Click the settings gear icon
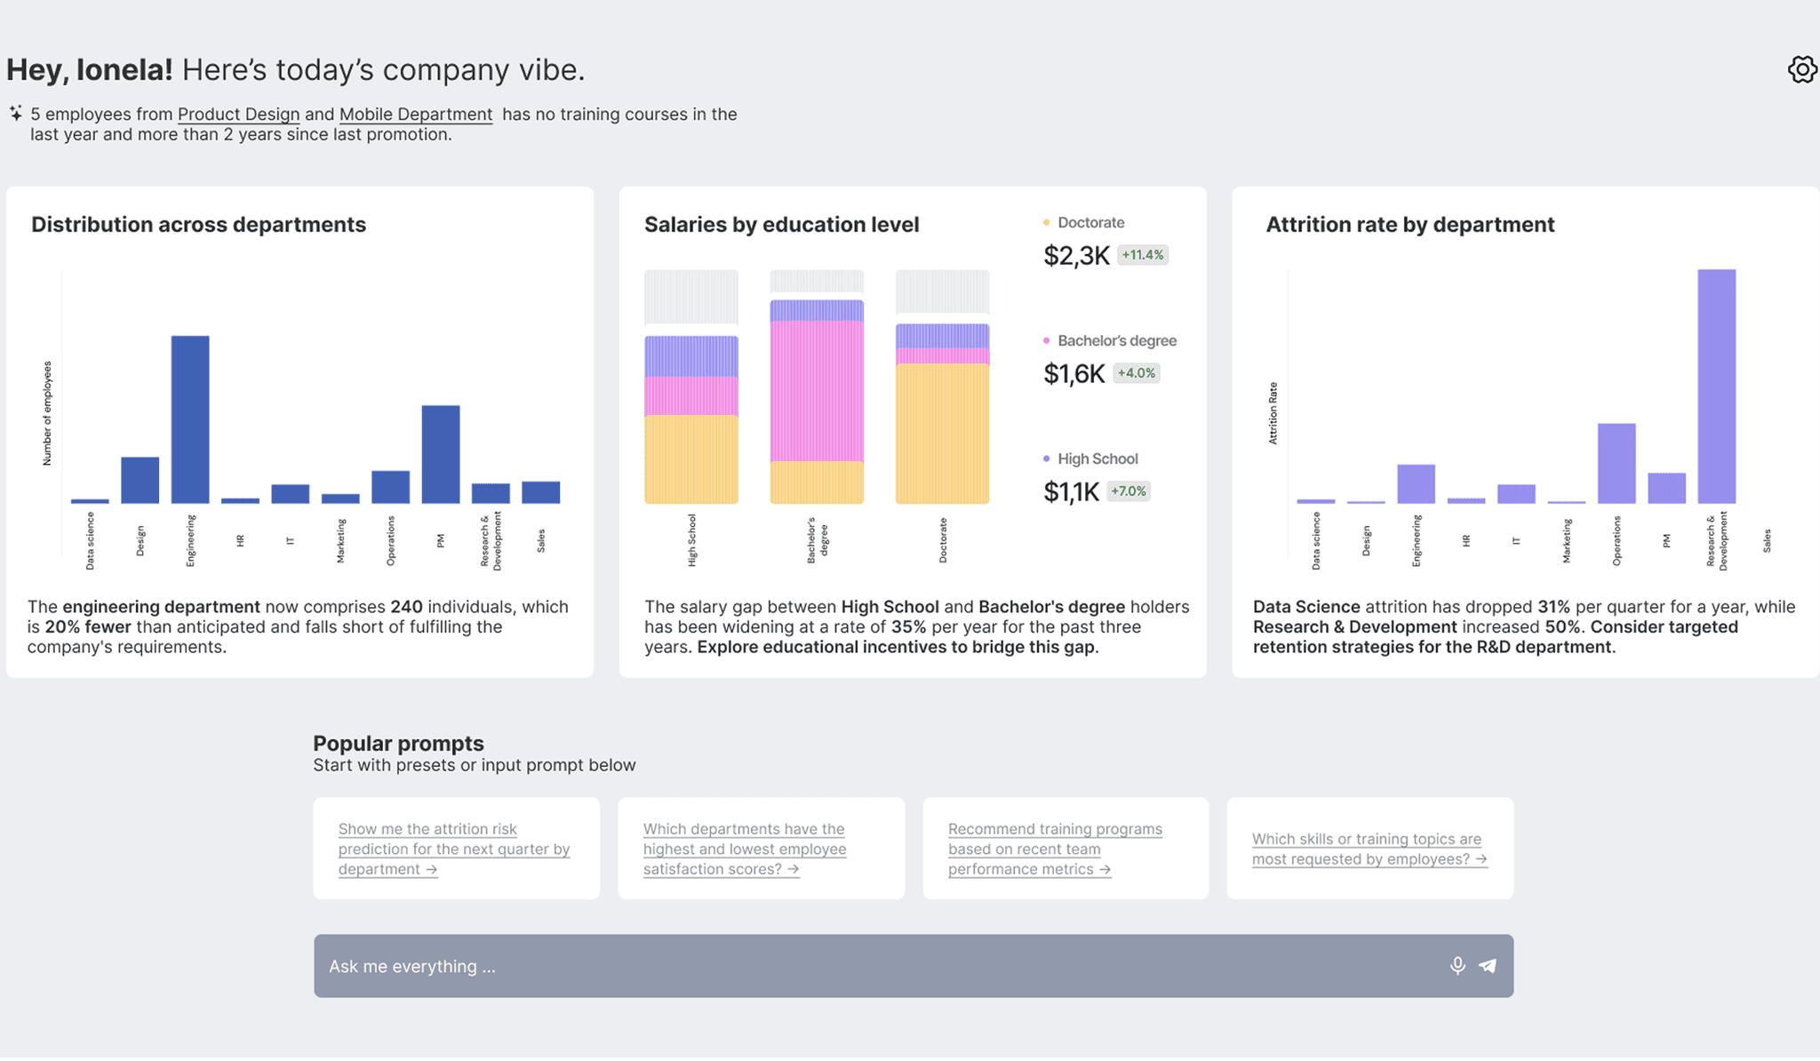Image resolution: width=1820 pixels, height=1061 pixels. [x=1801, y=69]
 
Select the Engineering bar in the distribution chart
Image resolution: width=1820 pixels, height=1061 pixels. [x=190, y=419]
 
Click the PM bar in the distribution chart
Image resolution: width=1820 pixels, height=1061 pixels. [x=441, y=454]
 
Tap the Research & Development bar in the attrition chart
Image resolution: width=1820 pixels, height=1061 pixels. [x=1716, y=387]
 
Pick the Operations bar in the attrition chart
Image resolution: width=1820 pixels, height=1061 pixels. [x=1616, y=463]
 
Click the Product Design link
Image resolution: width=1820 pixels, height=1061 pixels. [x=238, y=115]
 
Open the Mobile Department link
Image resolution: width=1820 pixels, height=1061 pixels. [x=415, y=115]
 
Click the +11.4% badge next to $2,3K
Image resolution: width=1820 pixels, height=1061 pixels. [x=1142, y=255]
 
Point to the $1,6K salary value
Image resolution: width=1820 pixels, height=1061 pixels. [x=1074, y=374]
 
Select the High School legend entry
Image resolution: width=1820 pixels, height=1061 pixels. [x=1097, y=459]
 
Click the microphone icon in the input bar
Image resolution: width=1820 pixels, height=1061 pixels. [x=1457, y=966]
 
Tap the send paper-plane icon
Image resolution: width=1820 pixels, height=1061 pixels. [x=1488, y=966]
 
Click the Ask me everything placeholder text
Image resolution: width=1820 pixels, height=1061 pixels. [x=412, y=966]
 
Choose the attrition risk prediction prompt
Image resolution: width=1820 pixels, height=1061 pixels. [x=453, y=849]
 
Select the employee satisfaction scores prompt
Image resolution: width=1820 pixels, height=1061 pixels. [x=745, y=849]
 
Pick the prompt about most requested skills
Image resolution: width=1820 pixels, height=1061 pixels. [x=1369, y=849]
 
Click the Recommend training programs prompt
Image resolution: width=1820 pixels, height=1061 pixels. [x=1054, y=849]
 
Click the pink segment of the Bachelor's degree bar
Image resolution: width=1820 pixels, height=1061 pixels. [x=817, y=391]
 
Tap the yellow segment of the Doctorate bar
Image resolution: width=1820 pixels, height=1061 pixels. [x=942, y=434]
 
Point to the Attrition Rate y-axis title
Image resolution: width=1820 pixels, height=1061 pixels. [x=1273, y=413]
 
